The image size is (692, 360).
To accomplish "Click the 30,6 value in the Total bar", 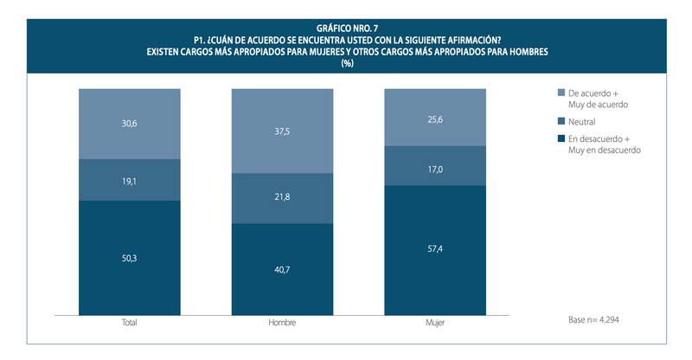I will pyautogui.click(x=129, y=123).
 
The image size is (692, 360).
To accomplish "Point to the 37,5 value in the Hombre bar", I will pyautogui.click(x=281, y=133).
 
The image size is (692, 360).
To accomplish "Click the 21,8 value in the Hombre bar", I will pyautogui.click(x=281, y=199).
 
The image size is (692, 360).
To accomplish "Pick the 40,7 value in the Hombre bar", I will pyautogui.click(x=281, y=268).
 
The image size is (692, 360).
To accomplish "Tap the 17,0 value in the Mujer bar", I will pyautogui.click(x=434, y=170).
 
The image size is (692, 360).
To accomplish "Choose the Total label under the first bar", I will pyautogui.click(x=129, y=323).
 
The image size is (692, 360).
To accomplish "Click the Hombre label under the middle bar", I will pyautogui.click(x=281, y=323).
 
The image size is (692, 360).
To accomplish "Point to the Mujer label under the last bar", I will pyautogui.click(x=434, y=323).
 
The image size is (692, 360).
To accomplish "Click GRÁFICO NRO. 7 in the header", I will pyautogui.click(x=347, y=29).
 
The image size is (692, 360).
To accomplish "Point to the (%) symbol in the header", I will pyautogui.click(x=347, y=63).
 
